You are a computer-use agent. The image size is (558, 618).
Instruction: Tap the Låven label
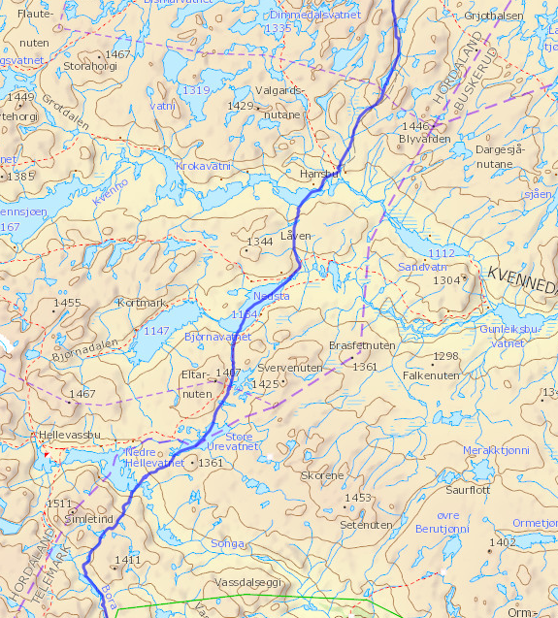[x=296, y=236]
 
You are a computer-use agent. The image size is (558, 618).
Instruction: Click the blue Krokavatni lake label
[x=204, y=167]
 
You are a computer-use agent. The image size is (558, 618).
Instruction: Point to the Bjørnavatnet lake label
[x=217, y=337]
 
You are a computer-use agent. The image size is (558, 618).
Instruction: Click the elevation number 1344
[x=260, y=242]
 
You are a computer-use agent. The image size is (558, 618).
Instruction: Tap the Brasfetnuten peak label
[x=362, y=345]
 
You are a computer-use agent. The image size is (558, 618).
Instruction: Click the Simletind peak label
[x=88, y=519]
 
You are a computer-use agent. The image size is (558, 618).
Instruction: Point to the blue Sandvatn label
[x=422, y=267]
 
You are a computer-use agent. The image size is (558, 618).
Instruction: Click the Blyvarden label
[x=424, y=139]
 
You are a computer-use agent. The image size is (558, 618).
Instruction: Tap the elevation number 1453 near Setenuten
[x=357, y=498]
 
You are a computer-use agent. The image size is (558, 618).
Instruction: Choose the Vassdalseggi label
[x=246, y=580]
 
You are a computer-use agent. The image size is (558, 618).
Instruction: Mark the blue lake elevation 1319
[x=195, y=90]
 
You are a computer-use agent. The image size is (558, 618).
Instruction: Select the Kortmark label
[x=142, y=303]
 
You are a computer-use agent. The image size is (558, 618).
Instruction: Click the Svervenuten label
[x=290, y=369]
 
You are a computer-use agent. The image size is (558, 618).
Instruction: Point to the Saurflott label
[x=467, y=490]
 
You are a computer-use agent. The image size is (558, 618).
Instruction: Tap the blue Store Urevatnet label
[x=230, y=441]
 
